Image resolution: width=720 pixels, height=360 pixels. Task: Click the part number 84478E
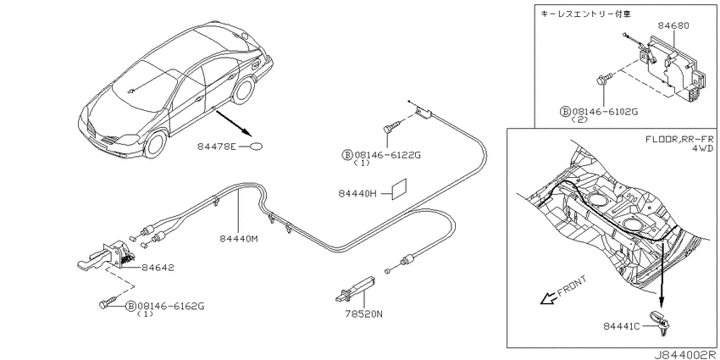click(x=216, y=147)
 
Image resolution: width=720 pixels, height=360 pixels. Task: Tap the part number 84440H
click(x=357, y=194)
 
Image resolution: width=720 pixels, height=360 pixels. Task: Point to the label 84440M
click(x=238, y=239)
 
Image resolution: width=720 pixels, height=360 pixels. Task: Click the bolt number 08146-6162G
click(x=171, y=306)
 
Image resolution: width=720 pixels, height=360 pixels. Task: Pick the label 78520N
click(x=363, y=314)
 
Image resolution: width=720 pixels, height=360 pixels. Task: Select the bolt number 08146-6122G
click(x=387, y=155)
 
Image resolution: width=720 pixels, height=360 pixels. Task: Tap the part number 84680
click(x=673, y=26)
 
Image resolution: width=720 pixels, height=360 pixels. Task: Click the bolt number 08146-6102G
click(x=605, y=111)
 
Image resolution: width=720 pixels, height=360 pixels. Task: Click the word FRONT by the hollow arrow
click(x=571, y=286)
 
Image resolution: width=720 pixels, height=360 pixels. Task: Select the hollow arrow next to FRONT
click(x=546, y=299)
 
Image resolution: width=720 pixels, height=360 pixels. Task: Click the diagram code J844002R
click(x=686, y=355)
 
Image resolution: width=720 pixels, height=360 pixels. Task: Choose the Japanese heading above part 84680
click(x=586, y=14)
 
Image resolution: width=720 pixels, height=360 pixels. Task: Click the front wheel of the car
click(x=155, y=143)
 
